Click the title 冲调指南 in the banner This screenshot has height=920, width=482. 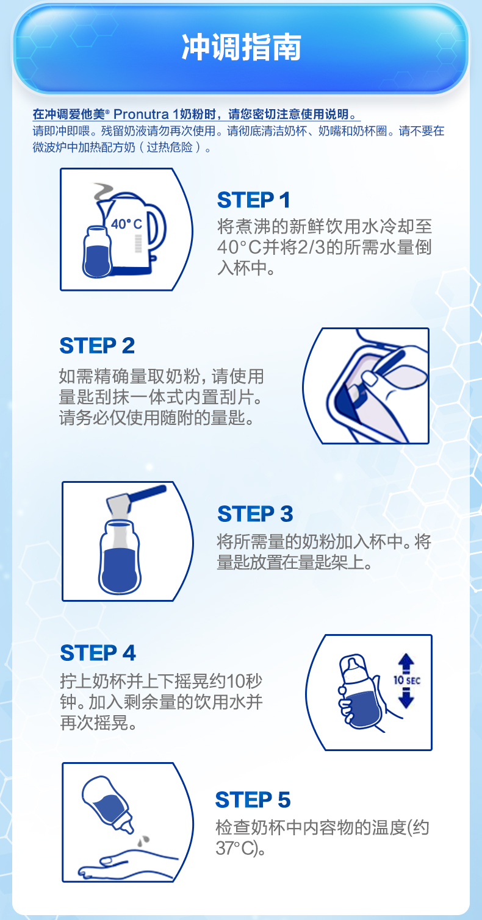point(241,48)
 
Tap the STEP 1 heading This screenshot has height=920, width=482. point(254,201)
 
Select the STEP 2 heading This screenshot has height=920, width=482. point(97,346)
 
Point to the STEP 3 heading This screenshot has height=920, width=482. point(255,514)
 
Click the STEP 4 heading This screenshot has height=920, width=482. point(98,653)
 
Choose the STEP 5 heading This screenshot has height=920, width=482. point(253,800)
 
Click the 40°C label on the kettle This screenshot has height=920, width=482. point(126,224)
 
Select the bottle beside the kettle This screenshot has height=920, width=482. point(97,252)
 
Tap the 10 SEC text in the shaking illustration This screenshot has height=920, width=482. point(407,680)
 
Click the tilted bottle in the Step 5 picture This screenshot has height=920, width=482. point(107,804)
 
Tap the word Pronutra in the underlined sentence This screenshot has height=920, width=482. point(141,114)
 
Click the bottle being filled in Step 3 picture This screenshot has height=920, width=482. point(120,557)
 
